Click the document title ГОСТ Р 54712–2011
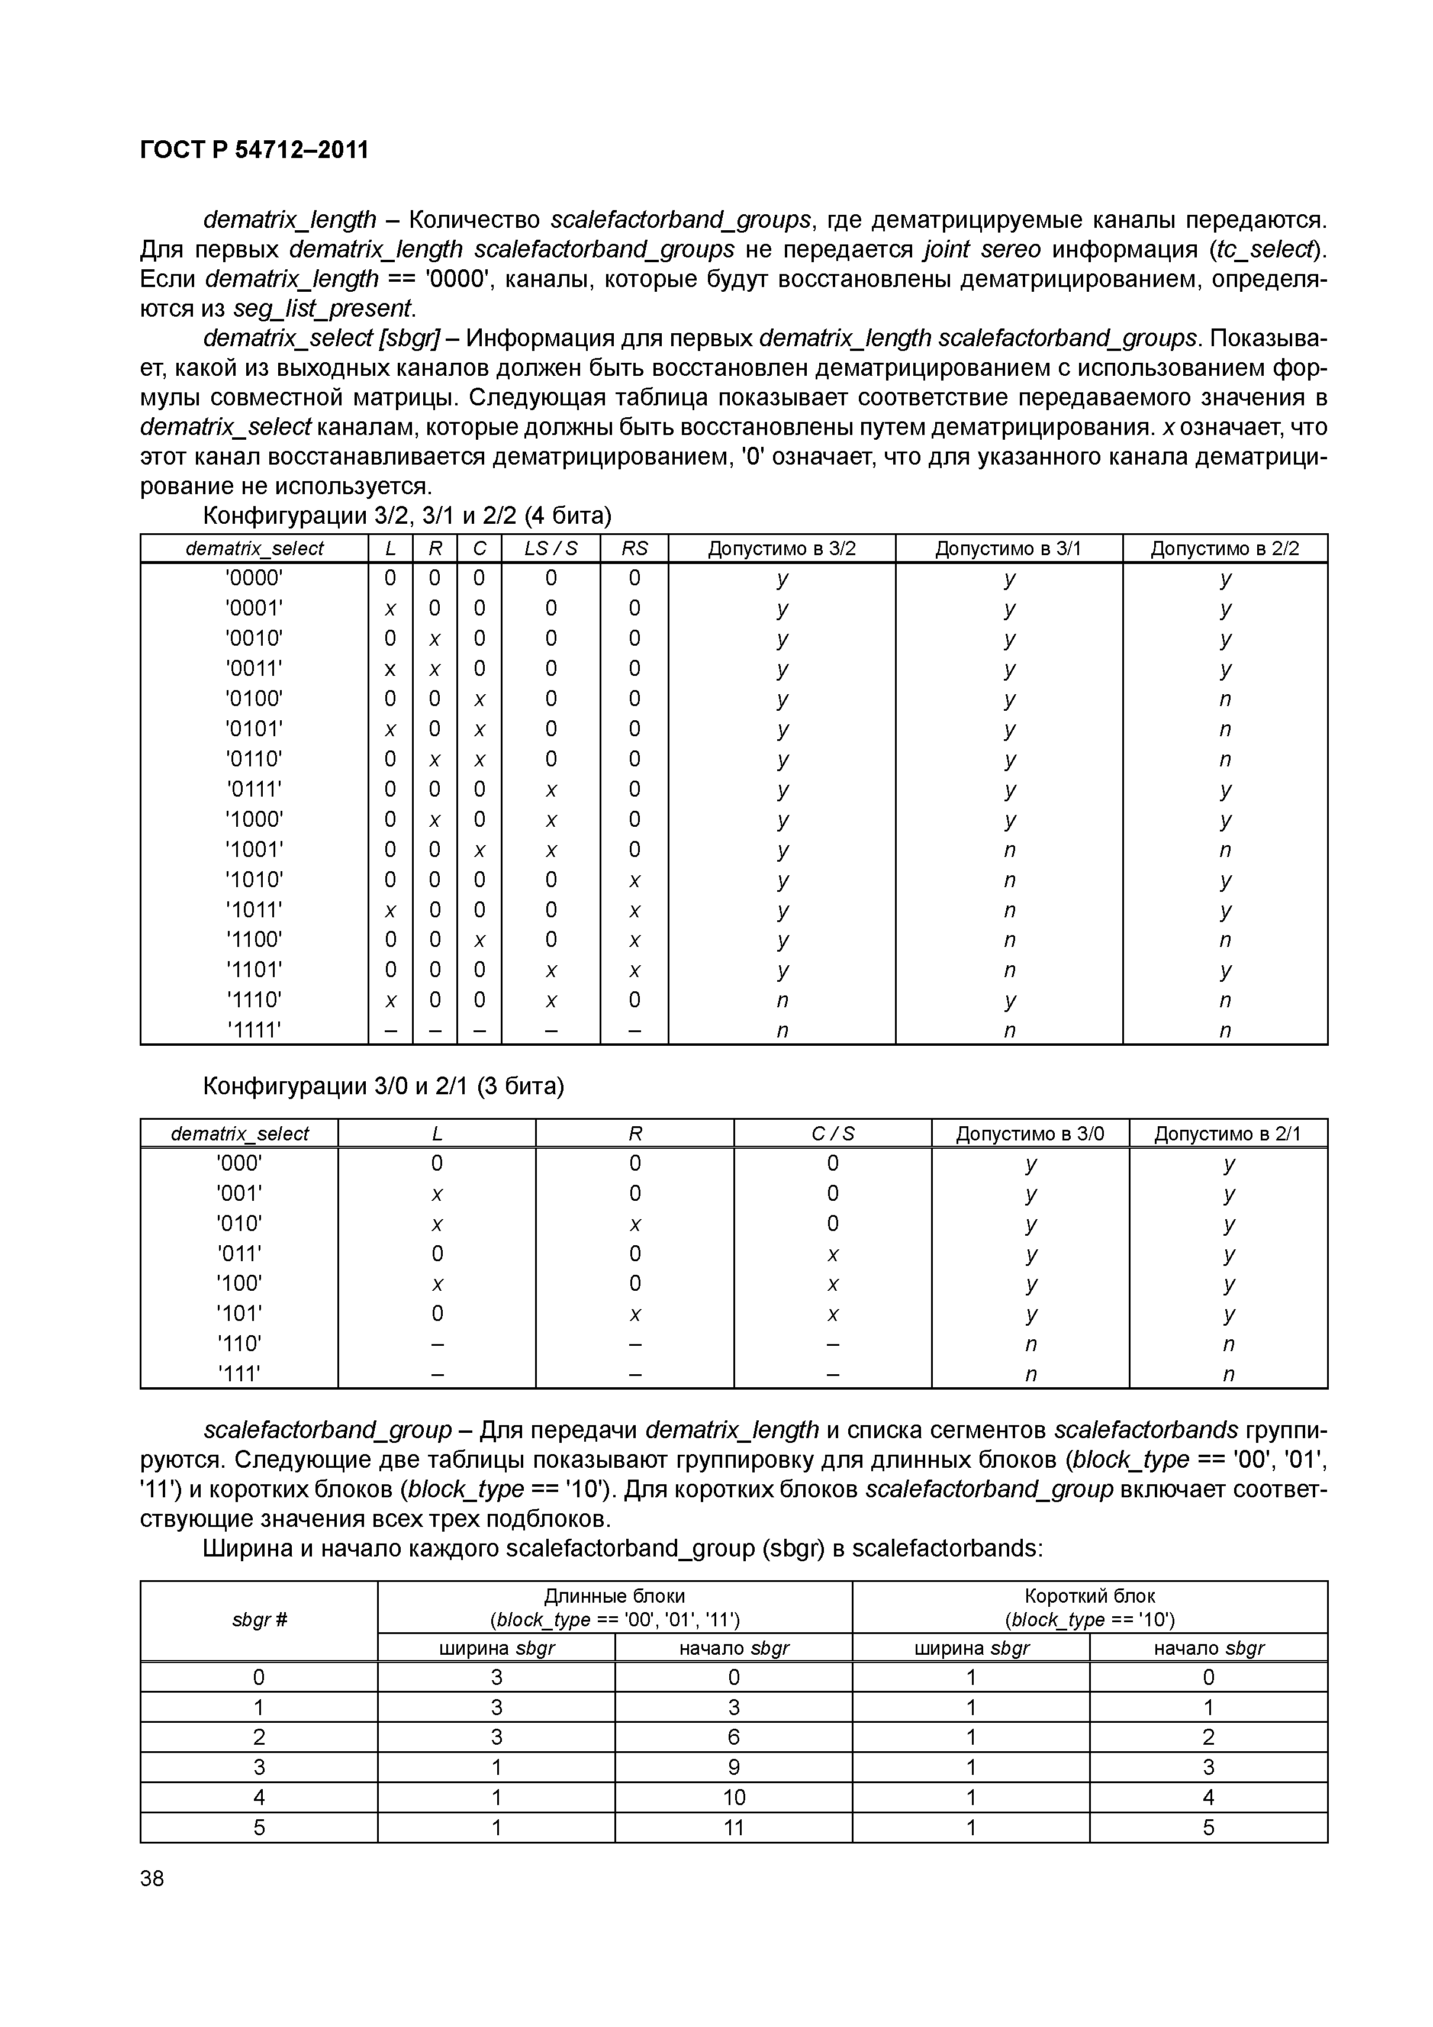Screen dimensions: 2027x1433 click(255, 150)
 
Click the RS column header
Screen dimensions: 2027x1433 click(634, 548)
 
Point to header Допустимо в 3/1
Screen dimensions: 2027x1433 click(1009, 548)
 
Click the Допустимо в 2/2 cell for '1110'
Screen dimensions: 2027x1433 click(1225, 1000)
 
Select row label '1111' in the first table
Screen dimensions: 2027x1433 click(255, 1030)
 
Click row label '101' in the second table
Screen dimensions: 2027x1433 click(239, 1314)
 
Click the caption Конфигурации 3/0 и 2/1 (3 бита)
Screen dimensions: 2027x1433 click(383, 1086)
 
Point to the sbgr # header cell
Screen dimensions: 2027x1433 click(259, 1620)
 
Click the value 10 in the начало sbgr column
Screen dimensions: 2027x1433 click(734, 1797)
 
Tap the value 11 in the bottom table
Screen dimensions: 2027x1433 click(734, 1828)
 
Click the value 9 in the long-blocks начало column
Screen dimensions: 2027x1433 click(734, 1767)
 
